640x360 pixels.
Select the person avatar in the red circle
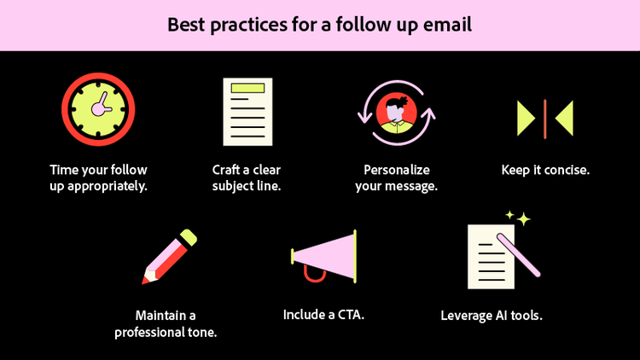(x=396, y=113)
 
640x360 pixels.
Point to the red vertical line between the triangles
(x=545, y=119)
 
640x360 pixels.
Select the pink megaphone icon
(x=324, y=256)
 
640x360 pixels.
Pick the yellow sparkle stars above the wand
(x=518, y=218)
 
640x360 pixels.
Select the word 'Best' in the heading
(x=186, y=25)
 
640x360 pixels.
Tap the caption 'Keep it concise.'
(x=545, y=170)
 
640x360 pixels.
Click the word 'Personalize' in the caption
(x=396, y=170)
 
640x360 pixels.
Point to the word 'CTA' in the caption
(x=348, y=315)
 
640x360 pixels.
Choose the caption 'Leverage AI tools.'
(x=492, y=315)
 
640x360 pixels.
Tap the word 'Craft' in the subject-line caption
(x=227, y=170)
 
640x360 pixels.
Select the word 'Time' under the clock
(x=65, y=170)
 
